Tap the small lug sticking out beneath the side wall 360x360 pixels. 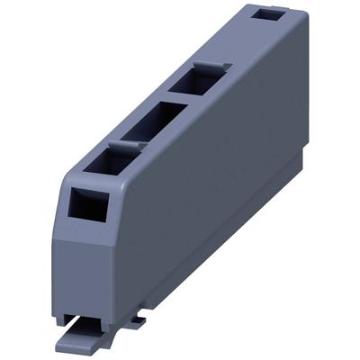[135, 319]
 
